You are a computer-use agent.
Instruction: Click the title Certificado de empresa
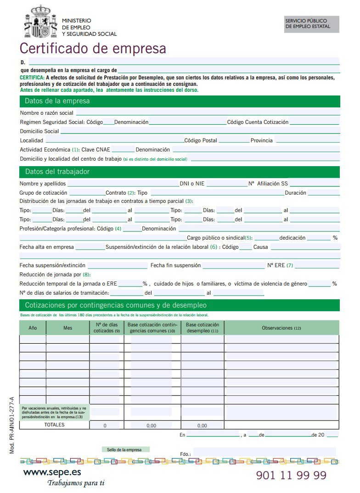pos(93,48)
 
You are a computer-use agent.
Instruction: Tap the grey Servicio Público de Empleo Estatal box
pos(312,24)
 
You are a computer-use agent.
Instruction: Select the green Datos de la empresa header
pos(180,101)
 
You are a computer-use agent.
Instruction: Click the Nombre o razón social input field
pos(207,112)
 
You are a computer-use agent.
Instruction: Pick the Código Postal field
pos(233,140)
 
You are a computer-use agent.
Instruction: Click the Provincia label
pos(261,140)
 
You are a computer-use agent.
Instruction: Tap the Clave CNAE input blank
pos(123,150)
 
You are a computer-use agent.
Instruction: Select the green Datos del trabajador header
pos(180,172)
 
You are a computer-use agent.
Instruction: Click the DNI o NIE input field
pos(226,184)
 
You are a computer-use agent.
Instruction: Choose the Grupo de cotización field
pos(87,193)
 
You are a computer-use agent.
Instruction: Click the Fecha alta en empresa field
pos(90,247)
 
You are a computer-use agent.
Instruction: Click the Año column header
pos(33,328)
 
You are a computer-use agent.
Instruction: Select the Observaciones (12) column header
pos(281,328)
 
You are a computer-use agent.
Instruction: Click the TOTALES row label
pos(54,425)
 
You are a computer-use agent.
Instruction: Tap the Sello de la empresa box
pos(124,449)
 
